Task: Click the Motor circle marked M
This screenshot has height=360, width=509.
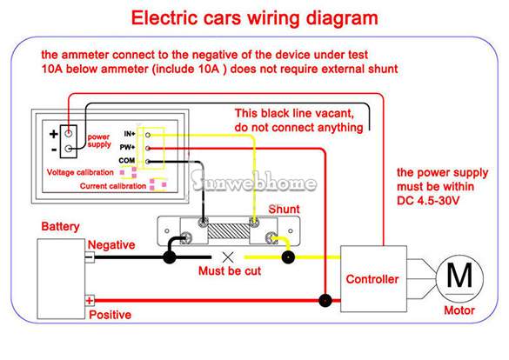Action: point(459,278)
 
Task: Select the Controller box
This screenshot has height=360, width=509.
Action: point(373,279)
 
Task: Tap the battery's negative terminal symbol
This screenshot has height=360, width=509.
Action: point(90,257)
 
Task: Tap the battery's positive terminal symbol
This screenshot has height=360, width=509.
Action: point(90,301)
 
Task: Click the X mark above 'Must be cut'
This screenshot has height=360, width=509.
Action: point(228,257)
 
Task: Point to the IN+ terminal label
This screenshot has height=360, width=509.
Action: point(130,134)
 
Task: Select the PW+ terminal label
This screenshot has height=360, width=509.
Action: point(127,147)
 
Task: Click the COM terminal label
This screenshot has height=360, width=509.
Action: point(127,161)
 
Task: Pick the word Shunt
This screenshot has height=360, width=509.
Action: point(284,210)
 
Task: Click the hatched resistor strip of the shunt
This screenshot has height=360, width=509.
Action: point(228,231)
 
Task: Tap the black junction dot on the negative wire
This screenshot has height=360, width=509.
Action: point(170,257)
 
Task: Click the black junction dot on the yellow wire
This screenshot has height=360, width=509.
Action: point(288,257)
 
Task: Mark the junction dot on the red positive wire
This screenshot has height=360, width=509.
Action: point(325,301)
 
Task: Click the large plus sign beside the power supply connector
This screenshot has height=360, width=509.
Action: point(54,134)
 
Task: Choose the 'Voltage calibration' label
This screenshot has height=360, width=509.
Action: point(80,172)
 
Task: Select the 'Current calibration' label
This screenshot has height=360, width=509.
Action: point(113,186)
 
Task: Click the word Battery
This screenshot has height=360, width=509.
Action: point(60,226)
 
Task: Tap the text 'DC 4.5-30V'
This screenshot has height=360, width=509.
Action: point(428,200)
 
